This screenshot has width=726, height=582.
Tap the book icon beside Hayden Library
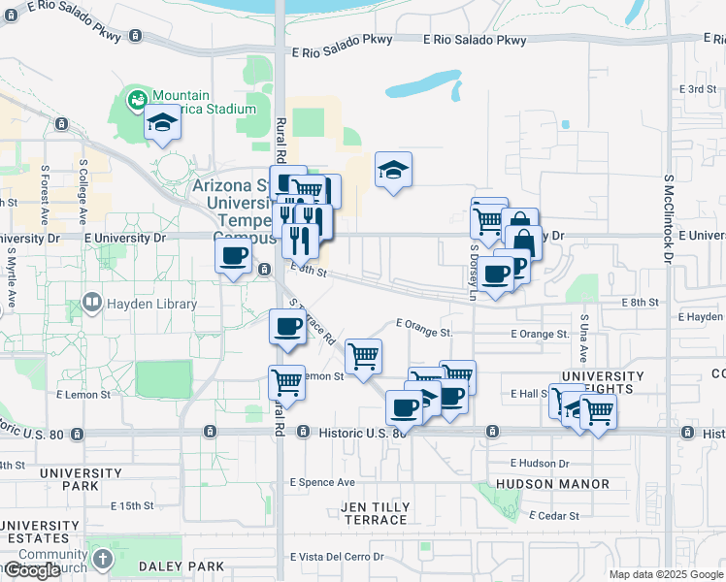pyautogui.click(x=92, y=303)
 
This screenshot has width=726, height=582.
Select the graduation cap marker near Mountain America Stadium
pyautogui.click(x=163, y=123)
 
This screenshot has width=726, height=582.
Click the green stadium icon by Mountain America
pyautogui.click(x=138, y=98)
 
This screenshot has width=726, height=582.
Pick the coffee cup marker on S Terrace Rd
pyautogui.click(x=287, y=327)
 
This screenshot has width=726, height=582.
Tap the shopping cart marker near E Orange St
pyautogui.click(x=364, y=356)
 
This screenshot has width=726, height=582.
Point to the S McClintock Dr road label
pyautogui.click(x=669, y=218)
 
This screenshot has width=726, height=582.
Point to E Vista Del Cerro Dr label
pyautogui.click(x=337, y=557)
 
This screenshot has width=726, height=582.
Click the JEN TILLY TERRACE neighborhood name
pyautogui.click(x=376, y=513)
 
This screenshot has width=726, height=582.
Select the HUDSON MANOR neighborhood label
pyautogui.click(x=552, y=484)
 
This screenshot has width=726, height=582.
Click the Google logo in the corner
pyautogui.click(x=32, y=570)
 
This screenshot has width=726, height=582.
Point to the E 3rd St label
pyautogui.click(x=698, y=89)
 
